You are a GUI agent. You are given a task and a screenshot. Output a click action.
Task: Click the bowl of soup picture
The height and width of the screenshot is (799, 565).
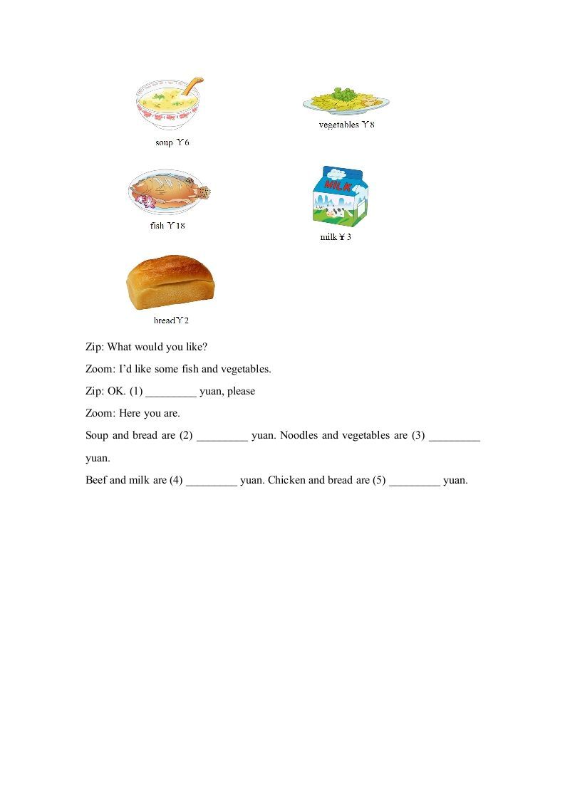[168, 105]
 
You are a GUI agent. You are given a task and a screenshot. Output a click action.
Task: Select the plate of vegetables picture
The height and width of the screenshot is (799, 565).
[346, 102]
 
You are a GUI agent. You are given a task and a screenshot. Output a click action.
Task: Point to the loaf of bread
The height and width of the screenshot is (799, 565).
[170, 283]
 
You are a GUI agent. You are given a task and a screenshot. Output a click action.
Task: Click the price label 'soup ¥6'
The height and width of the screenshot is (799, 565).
[172, 142]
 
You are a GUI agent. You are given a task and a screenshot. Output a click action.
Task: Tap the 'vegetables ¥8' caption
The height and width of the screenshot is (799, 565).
[346, 125]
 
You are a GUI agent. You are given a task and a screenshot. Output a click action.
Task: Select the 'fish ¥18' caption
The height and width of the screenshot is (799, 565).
[167, 226]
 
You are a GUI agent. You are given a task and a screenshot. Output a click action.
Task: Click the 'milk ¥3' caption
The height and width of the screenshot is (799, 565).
[336, 237]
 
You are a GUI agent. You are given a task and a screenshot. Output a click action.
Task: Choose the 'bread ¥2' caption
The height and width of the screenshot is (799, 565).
[171, 320]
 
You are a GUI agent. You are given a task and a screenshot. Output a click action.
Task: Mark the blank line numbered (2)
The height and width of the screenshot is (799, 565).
[222, 436]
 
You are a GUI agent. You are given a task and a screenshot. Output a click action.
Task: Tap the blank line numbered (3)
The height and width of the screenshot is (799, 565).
[455, 436]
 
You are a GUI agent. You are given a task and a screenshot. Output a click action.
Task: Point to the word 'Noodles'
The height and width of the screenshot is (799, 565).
[299, 435]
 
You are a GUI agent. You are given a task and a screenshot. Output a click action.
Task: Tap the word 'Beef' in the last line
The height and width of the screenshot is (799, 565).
[96, 480]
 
